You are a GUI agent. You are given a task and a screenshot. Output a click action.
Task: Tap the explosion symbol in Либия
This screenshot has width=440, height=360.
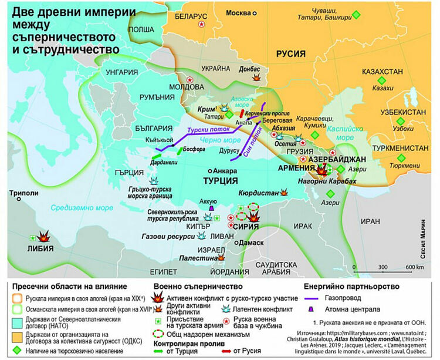coord(43,236)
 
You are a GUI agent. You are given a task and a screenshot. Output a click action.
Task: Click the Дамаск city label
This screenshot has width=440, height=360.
coord(251,242)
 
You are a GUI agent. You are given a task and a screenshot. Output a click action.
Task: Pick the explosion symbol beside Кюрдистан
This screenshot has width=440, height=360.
coord(285,192)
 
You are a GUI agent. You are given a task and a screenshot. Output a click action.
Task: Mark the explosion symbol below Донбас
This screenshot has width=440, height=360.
coord(255,77)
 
